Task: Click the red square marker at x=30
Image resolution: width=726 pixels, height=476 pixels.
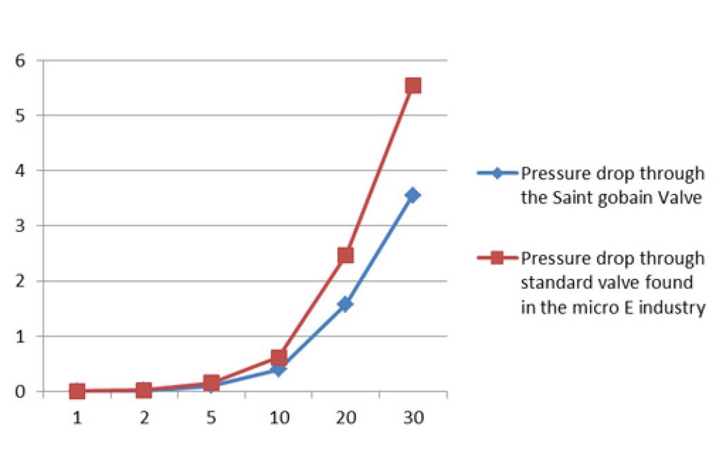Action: click(413, 86)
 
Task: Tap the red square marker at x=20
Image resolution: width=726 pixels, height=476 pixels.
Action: click(346, 255)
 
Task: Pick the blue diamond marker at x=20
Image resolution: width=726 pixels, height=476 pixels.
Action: click(346, 304)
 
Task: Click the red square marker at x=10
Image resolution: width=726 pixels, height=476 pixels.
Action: click(279, 357)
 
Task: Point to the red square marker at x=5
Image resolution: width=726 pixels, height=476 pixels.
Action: click(212, 383)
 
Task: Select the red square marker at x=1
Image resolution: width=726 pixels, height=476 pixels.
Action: click(78, 391)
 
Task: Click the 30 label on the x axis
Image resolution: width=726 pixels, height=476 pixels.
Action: click(413, 418)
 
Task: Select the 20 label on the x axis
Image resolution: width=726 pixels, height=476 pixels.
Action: click(346, 418)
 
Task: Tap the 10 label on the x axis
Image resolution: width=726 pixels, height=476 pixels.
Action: click(279, 418)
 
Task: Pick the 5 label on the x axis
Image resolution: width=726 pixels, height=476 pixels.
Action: click(212, 418)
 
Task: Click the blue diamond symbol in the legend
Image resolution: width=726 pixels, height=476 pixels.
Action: click(497, 173)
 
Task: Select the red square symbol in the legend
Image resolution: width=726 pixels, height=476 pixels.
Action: click(497, 258)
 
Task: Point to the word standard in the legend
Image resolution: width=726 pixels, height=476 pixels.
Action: click(550, 283)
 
